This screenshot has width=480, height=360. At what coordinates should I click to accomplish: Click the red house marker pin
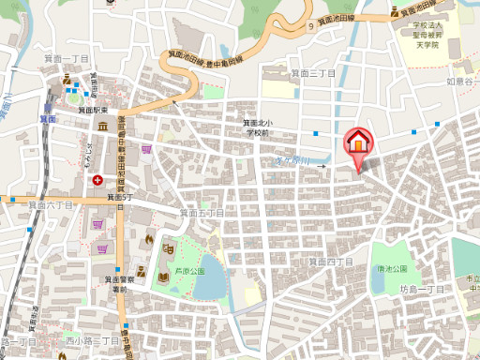[356, 142]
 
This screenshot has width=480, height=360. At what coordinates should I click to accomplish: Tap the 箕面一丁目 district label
[67, 58]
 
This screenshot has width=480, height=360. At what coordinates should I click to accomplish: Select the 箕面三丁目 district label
[311, 72]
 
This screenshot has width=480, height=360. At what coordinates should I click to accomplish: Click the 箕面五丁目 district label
[202, 213]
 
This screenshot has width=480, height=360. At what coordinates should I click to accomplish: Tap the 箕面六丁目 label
[50, 204]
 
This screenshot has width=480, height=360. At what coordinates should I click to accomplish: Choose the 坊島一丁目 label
[422, 289]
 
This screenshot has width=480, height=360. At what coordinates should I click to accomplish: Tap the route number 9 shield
[309, 26]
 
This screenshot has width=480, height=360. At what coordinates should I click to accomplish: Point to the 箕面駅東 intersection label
[95, 110]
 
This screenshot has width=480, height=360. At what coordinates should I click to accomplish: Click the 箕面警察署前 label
[116, 284]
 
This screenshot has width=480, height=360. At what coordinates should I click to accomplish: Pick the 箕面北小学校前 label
[257, 128]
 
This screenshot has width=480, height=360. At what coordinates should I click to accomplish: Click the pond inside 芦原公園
[213, 277]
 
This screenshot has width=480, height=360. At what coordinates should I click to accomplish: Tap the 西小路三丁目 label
[92, 340]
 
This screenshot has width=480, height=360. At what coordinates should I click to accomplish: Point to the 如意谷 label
[462, 82]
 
